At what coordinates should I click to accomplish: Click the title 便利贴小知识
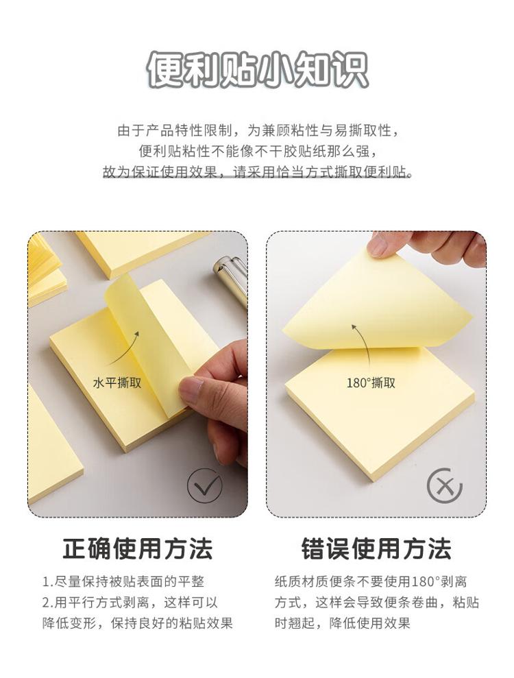pyautogui.click(x=257, y=70)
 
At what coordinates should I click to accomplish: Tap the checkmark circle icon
pyautogui.click(x=204, y=485)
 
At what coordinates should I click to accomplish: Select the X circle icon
pyautogui.click(x=444, y=485)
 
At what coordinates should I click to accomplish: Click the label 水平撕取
pyautogui.click(x=117, y=383)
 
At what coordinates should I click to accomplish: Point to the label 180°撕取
pyautogui.click(x=371, y=383)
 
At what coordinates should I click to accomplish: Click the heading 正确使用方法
pyautogui.click(x=138, y=548)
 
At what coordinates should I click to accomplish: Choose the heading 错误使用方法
pyautogui.click(x=376, y=548)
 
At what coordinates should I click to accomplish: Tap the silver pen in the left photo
pyautogui.click(x=231, y=277)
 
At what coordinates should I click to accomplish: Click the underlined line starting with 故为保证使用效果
pyautogui.click(x=257, y=173)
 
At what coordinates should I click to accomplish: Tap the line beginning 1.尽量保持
pyautogui.click(x=123, y=581)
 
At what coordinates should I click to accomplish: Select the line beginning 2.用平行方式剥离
pyautogui.click(x=130, y=603)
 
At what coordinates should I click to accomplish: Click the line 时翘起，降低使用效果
pyautogui.click(x=343, y=623)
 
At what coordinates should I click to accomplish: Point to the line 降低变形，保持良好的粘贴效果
pyautogui.click(x=138, y=623)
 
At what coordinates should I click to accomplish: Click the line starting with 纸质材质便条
pyautogui.click(x=371, y=581)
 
